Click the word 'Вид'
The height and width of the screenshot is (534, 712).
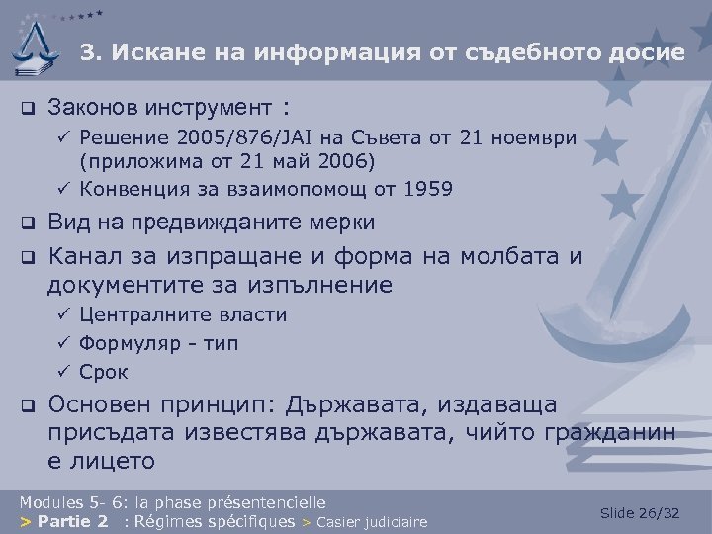pos(68,222)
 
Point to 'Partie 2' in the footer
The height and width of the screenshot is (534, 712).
pos(74,521)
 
